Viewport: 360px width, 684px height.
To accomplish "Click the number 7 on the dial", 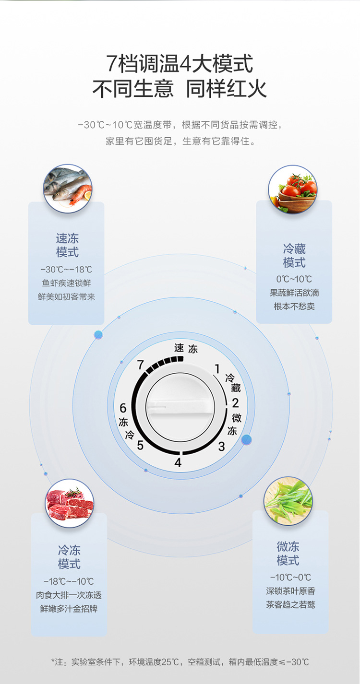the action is coord(141,365).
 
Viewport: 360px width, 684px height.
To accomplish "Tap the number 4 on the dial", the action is coord(178,463).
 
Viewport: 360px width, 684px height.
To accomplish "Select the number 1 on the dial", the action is coord(217,369).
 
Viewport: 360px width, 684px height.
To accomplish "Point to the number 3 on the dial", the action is coord(221,447).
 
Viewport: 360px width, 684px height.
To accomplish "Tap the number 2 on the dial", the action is coord(235,403).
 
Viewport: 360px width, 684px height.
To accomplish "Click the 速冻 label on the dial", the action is coord(186,348).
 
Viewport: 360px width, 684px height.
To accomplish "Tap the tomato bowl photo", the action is coord(293,189).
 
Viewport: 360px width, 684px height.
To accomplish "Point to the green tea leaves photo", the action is coord(288,501).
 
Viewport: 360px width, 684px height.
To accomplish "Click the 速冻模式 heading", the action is coord(67,245).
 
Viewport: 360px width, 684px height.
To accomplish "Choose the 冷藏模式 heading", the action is coord(294,256).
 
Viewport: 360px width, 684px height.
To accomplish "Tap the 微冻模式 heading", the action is coord(288,553).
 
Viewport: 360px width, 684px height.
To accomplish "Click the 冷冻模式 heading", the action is coord(69,557).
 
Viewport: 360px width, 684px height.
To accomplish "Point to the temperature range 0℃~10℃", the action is coord(294,279).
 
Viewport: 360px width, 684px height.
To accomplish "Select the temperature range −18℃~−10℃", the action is coord(69,581).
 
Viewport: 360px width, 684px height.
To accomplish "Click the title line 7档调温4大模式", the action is coord(180,64).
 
